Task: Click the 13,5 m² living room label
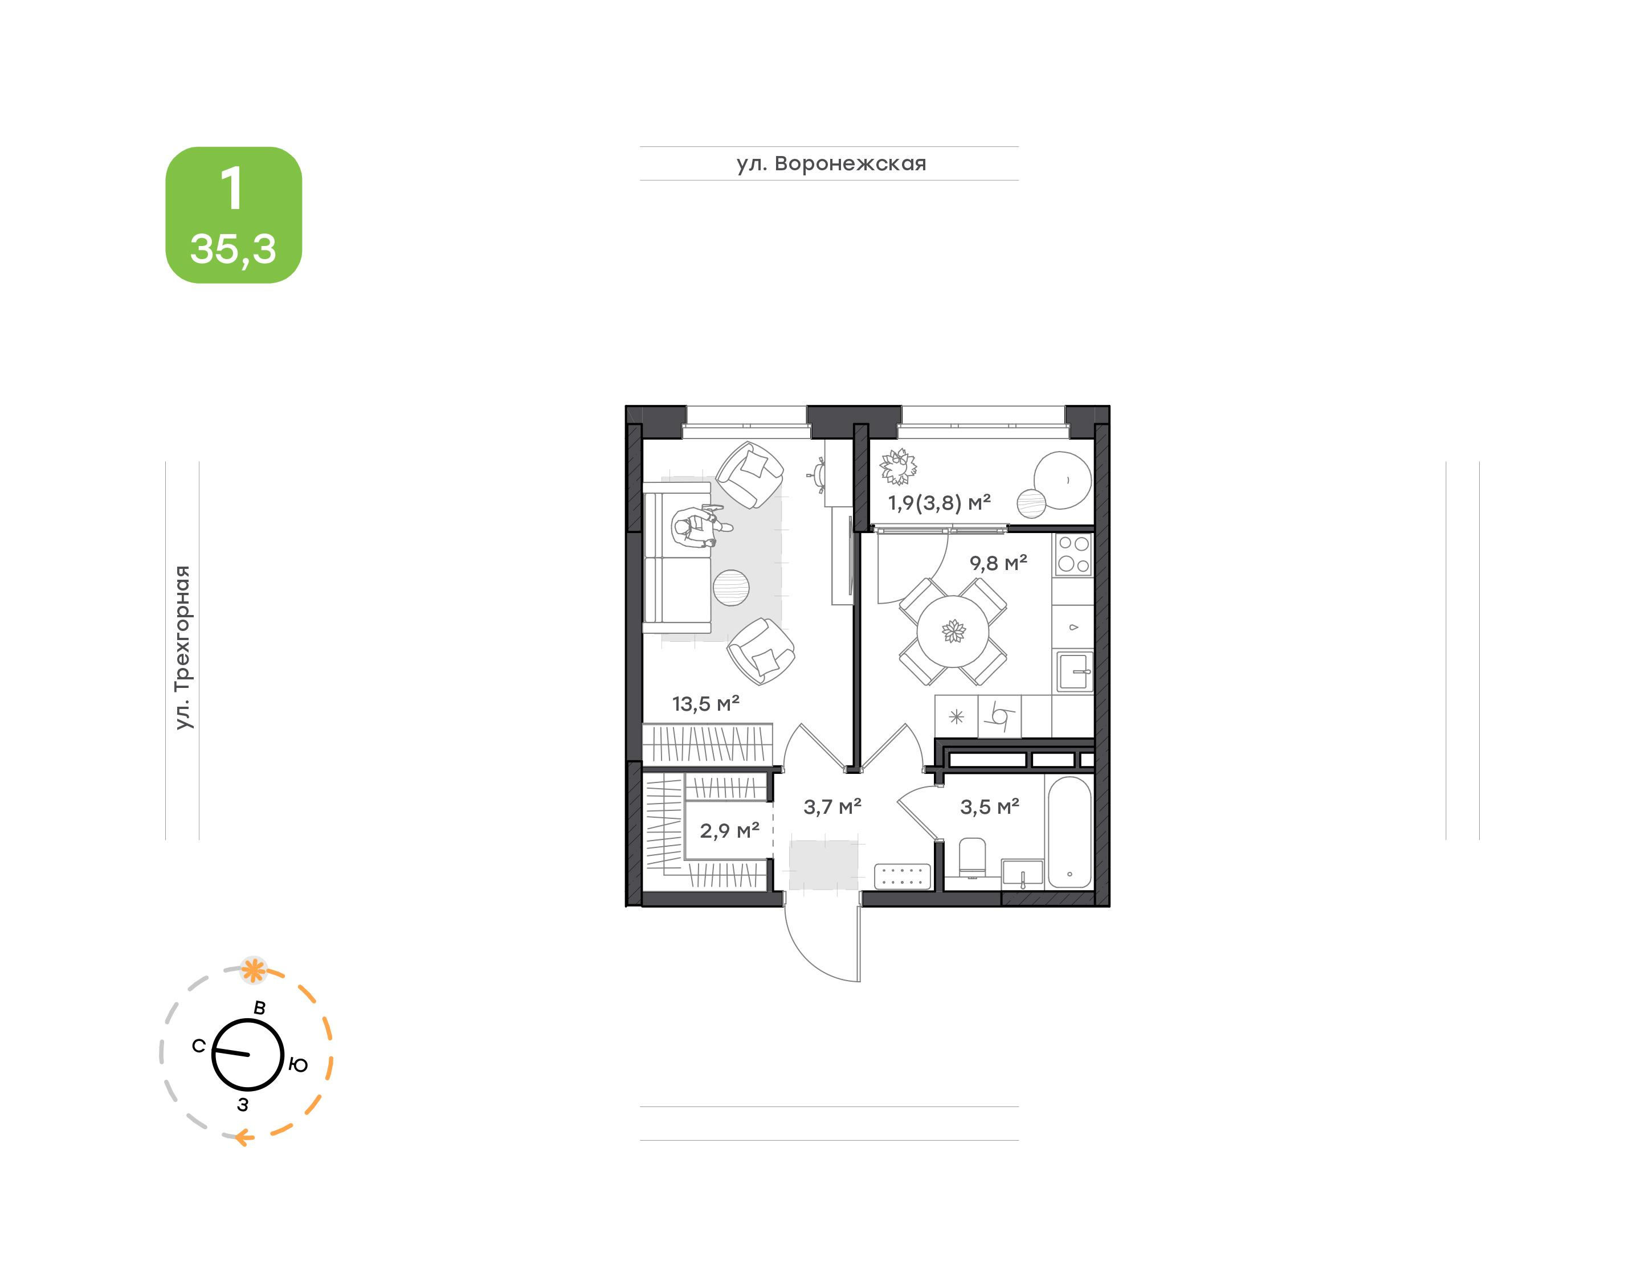[x=705, y=704]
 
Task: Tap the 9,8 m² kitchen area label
[x=998, y=563]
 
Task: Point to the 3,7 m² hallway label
[x=832, y=807]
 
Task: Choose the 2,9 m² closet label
[x=729, y=830]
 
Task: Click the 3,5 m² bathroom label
[x=989, y=807]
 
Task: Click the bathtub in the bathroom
[x=1069, y=833]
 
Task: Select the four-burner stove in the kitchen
[x=1073, y=554]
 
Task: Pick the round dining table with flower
[x=953, y=632]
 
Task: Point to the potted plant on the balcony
[x=898, y=466]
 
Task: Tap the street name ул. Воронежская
[x=831, y=163]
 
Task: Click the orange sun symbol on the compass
[x=254, y=970]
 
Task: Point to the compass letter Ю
[x=299, y=1065]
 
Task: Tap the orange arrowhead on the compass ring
[x=243, y=1137]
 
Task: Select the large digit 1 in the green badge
[x=232, y=188]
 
